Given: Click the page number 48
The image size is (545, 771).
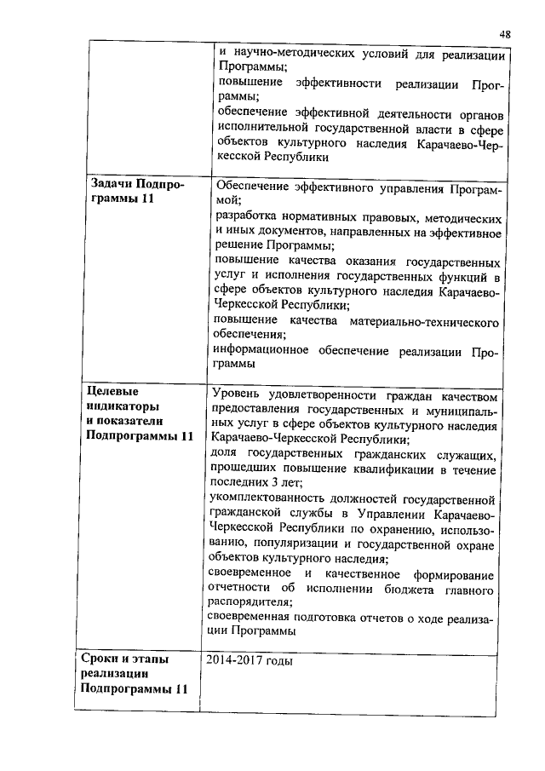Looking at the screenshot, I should (x=505, y=33).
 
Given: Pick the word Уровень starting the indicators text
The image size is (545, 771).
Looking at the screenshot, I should (x=238, y=394).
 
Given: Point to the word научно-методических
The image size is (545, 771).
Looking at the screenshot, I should (x=291, y=53).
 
